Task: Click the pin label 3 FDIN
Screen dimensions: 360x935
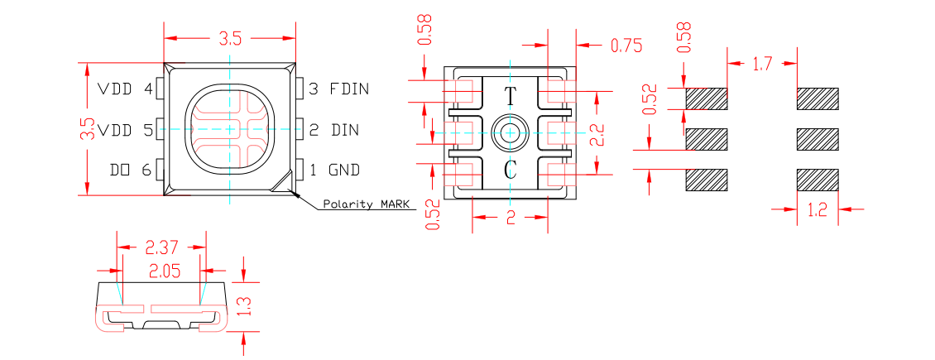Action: point(338,89)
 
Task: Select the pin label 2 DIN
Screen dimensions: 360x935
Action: point(334,130)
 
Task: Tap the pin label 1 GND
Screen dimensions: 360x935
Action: point(334,170)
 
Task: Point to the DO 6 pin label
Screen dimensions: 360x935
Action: point(131,170)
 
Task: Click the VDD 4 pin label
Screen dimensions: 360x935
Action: point(126,89)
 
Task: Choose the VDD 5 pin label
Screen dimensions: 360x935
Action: point(126,130)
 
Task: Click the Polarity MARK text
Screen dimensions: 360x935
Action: point(366,204)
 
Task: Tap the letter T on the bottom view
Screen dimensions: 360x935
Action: point(511,97)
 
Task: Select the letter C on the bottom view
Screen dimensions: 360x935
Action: point(511,171)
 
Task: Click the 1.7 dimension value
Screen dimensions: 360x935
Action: point(761,62)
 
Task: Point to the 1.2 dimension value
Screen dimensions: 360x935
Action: point(817,210)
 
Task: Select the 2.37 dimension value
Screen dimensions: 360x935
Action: point(162,247)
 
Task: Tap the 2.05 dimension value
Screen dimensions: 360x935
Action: point(162,271)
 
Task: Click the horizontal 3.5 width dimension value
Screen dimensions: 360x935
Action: point(230,38)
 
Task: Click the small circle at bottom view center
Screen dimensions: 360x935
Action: point(511,132)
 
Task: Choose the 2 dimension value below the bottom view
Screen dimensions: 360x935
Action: point(511,218)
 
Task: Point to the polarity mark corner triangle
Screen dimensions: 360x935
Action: point(285,185)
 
